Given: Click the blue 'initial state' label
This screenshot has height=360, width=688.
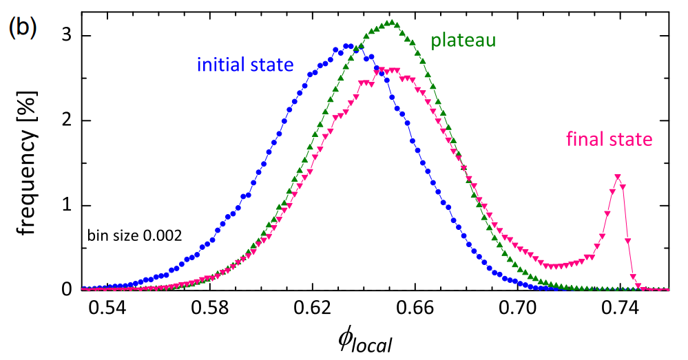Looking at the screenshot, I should tap(245, 65).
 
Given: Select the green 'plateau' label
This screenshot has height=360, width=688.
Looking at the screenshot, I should tap(463, 41).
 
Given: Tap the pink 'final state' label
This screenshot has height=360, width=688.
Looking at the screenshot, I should tap(608, 140).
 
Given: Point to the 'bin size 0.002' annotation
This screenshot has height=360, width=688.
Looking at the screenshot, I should tap(134, 236).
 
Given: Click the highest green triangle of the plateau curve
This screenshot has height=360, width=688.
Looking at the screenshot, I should tap(391, 23).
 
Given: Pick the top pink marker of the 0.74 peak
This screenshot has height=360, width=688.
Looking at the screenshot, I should tap(618, 177).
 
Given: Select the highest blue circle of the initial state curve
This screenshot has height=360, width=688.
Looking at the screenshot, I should tap(346, 46).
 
